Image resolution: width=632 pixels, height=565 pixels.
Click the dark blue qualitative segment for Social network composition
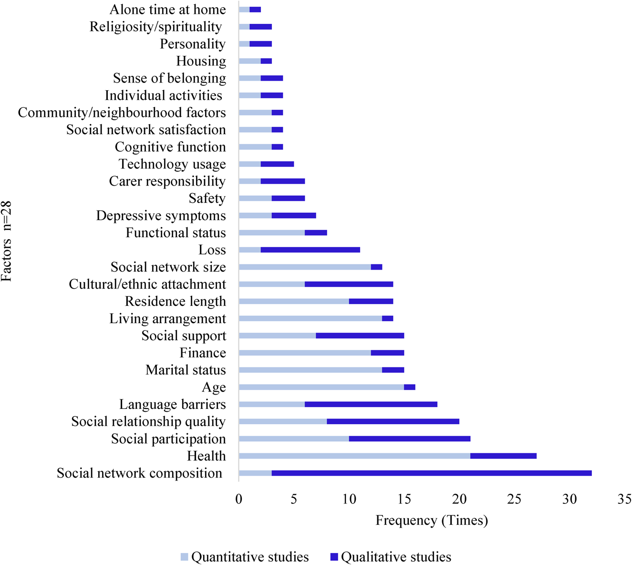click(432, 473)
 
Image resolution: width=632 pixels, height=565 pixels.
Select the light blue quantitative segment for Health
click(354, 456)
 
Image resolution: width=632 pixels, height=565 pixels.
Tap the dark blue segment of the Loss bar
click(310, 250)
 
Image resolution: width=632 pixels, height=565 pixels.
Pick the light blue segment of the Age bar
click(321, 387)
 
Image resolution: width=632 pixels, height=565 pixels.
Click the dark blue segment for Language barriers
click(371, 404)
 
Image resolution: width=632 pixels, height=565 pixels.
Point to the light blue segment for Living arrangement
click(310, 318)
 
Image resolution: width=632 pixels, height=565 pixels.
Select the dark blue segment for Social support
click(360, 335)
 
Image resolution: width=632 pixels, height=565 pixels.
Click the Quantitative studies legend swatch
click(185, 557)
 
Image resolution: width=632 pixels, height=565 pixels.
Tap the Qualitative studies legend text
click(396, 557)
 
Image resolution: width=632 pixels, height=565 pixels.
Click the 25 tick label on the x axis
click(514, 500)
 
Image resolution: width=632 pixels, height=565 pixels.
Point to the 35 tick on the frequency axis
click(624, 500)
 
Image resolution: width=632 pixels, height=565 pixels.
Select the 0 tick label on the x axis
click(238, 500)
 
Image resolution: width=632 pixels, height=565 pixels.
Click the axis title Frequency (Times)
click(432, 520)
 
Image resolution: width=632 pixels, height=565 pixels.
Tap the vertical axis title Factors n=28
click(7, 241)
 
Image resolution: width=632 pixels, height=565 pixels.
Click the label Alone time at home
click(168, 10)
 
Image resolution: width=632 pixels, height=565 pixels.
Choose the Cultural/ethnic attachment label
click(147, 284)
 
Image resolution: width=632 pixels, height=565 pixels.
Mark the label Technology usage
click(172, 164)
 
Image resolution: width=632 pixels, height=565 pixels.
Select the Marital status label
click(186, 370)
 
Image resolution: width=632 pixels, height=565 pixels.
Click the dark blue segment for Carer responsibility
click(282, 181)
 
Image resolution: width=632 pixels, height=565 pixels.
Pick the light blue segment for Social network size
click(304, 267)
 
